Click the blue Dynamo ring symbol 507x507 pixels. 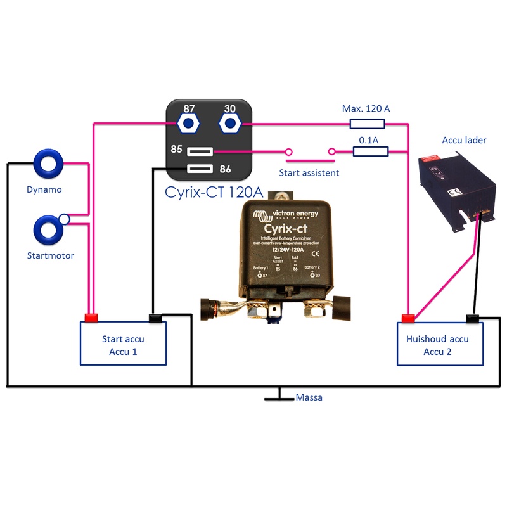click(x=48, y=164)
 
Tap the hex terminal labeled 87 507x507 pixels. click(x=188, y=123)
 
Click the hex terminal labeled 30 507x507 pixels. click(x=230, y=123)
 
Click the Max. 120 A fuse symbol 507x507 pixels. click(x=366, y=124)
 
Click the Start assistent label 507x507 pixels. click(x=309, y=172)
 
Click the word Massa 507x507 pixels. click(x=309, y=398)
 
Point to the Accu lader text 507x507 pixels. click(x=465, y=140)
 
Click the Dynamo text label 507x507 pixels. click(x=44, y=189)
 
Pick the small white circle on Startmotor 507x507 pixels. click(x=63, y=220)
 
